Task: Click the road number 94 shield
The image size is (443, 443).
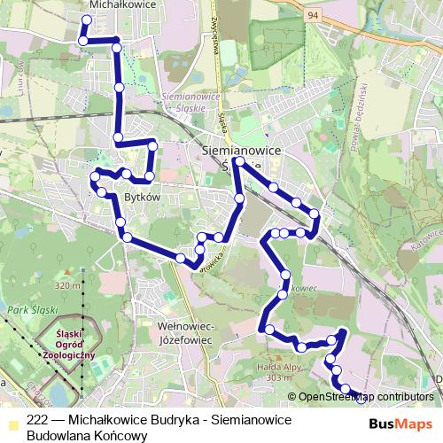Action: pyautogui.click(x=313, y=15)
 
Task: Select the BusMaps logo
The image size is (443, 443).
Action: pyautogui.click(x=407, y=423)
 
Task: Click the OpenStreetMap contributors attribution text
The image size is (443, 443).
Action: pyautogui.click(x=366, y=397)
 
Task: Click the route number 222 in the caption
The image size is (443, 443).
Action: pyautogui.click(x=37, y=422)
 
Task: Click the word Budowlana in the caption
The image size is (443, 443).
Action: pyautogui.click(x=55, y=436)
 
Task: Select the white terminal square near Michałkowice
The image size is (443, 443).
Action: pyautogui.click(x=86, y=19)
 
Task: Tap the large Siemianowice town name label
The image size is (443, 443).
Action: pyautogui.click(x=242, y=152)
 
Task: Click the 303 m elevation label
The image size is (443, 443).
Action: pyautogui.click(x=276, y=378)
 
